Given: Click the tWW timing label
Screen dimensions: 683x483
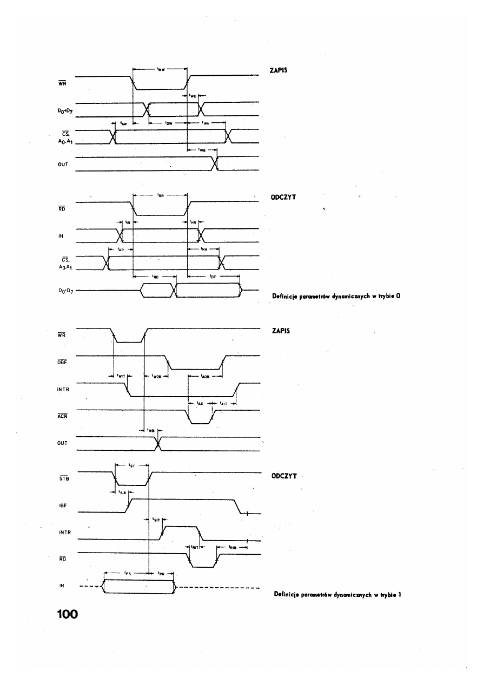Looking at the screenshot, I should click(x=160, y=69).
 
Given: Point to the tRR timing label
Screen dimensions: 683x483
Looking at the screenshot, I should click(x=160, y=196).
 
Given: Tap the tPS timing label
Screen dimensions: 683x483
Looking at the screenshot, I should click(x=125, y=574).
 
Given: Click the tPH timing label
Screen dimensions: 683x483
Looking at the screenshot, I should click(x=161, y=574).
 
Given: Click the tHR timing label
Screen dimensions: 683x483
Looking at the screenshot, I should click(x=193, y=222).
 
